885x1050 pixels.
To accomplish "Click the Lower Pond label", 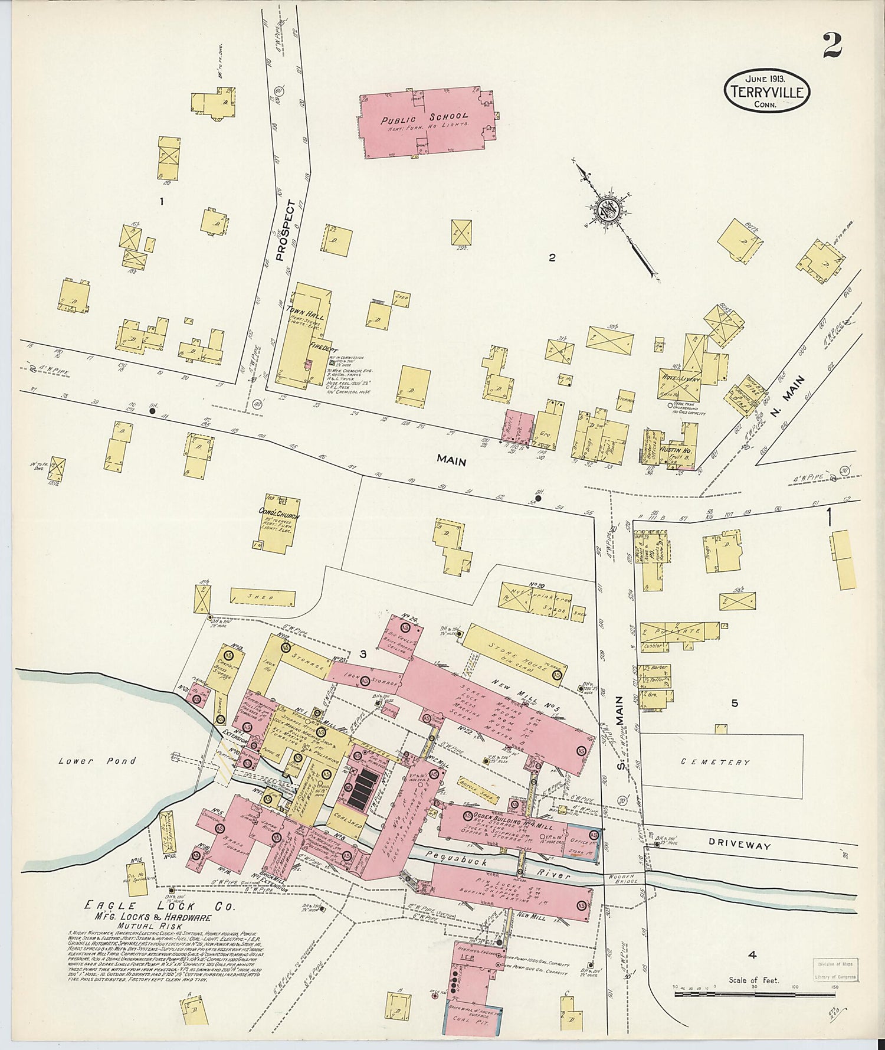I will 97,761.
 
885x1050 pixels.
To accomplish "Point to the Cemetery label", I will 715,762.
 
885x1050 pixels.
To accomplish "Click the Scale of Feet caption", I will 753,980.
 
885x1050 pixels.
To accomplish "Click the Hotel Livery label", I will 680,380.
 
